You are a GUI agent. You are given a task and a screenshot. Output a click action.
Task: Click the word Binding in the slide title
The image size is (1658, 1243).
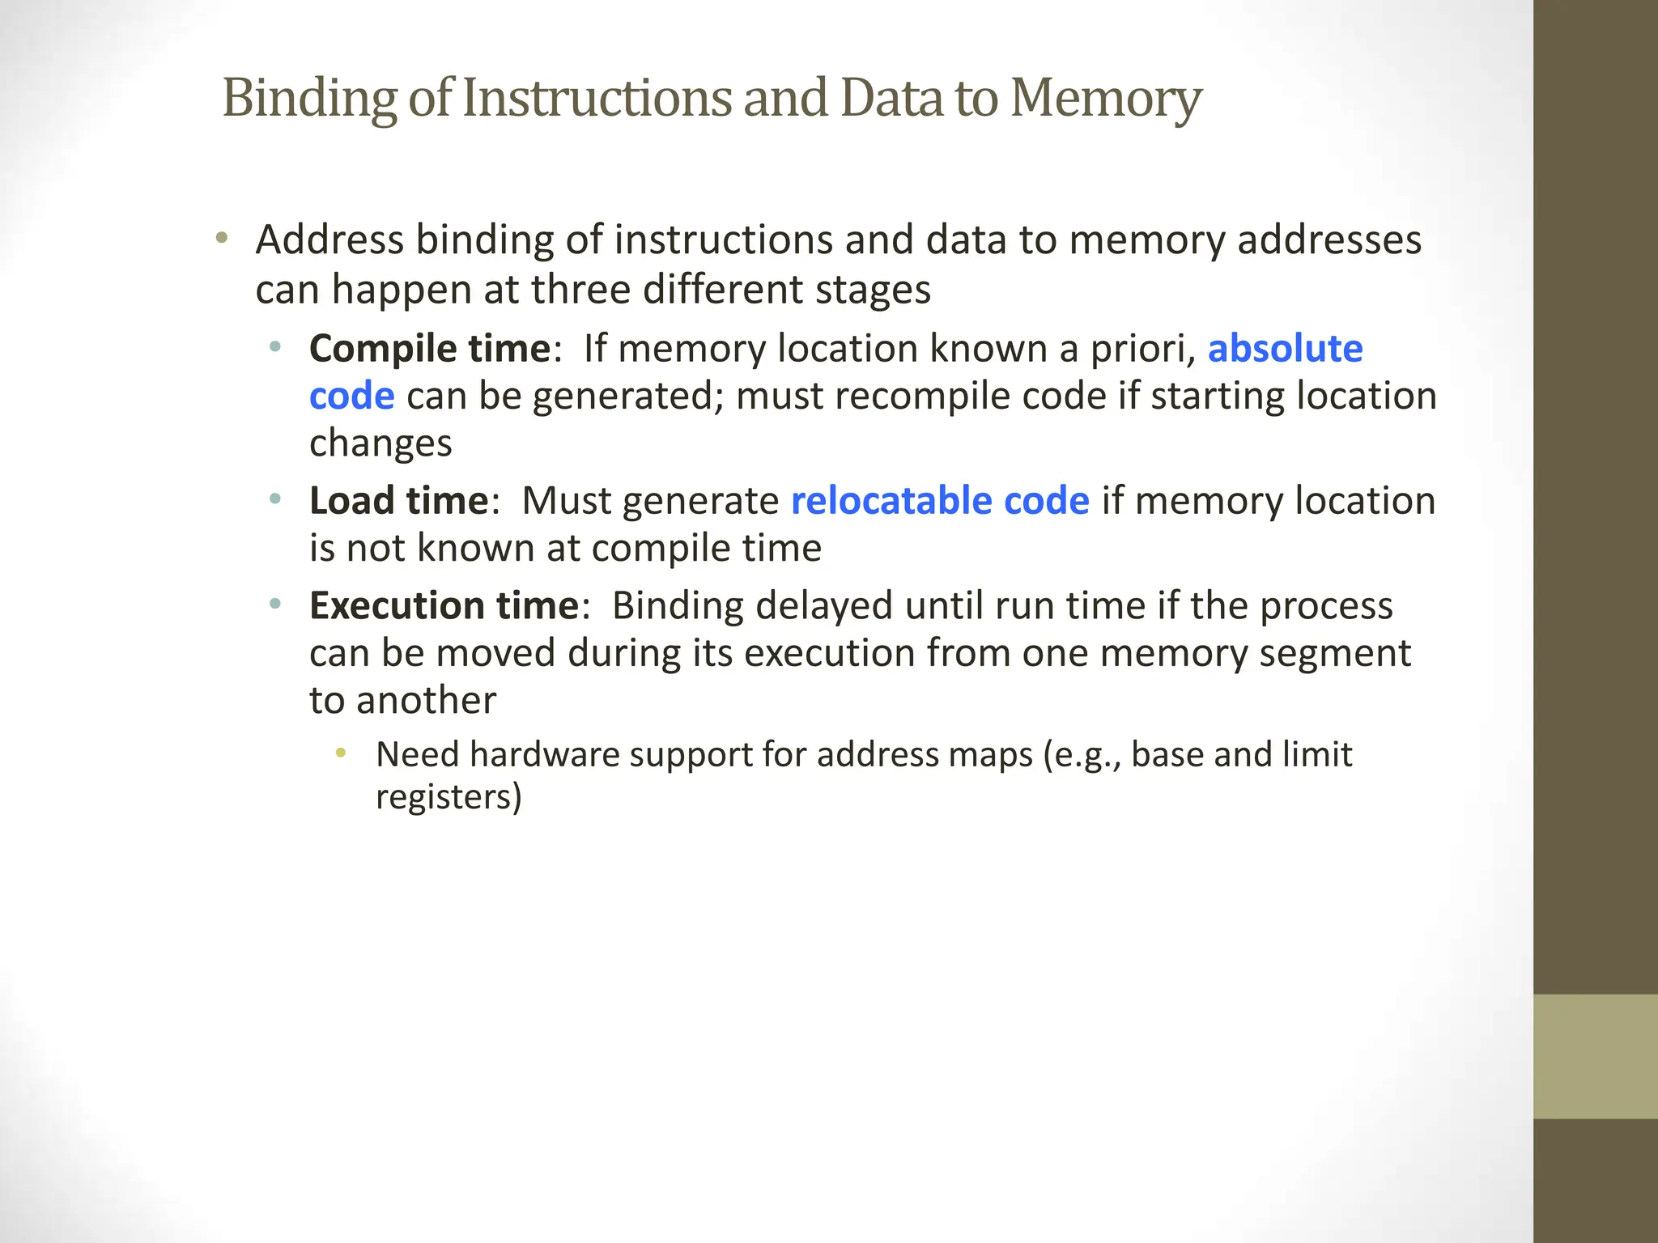point(309,99)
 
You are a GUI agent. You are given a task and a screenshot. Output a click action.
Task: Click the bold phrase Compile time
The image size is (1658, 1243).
point(430,349)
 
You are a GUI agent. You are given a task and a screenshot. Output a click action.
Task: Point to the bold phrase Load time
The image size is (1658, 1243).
point(399,501)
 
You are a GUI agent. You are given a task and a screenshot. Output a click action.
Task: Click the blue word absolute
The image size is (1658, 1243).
point(1285,349)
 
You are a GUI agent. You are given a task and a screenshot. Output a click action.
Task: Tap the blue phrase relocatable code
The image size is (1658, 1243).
point(939,501)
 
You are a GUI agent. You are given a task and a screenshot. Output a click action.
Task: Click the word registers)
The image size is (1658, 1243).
point(449,797)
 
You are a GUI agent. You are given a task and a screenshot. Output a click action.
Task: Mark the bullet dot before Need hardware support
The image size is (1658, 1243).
point(341,753)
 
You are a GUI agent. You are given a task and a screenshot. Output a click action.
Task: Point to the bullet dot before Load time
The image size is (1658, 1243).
point(275,499)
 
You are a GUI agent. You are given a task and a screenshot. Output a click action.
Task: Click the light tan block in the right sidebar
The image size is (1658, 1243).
point(1595,1056)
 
